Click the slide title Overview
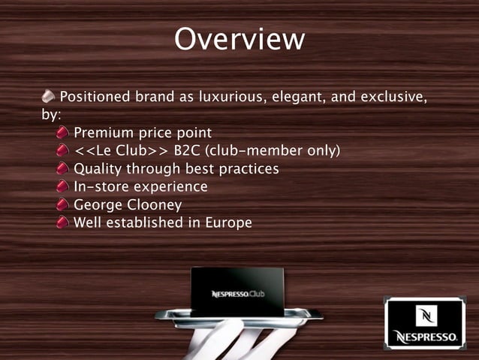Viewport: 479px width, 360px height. [239, 40]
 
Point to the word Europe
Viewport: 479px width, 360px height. [228, 223]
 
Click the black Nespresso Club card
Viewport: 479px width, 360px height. [236, 292]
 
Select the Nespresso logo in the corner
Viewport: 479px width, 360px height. [425, 323]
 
